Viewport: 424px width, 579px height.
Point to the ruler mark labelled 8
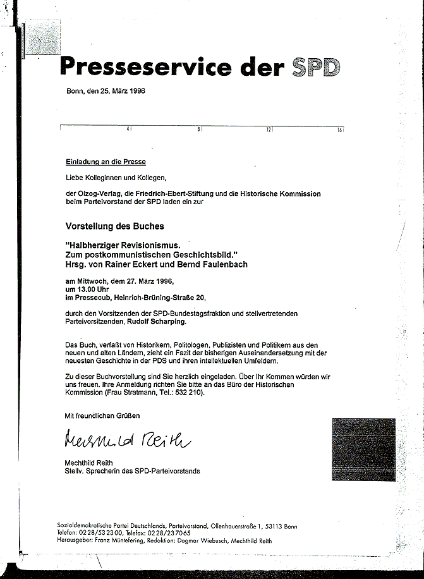pyautogui.click(x=199, y=129)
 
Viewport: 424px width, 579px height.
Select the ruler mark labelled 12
pyautogui.click(x=269, y=129)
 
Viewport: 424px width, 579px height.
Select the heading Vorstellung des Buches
pyautogui.click(x=115, y=226)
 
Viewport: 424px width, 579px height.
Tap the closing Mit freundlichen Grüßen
pyautogui.click(x=102, y=415)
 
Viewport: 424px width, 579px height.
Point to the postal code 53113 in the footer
pyautogui.click(x=275, y=527)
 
